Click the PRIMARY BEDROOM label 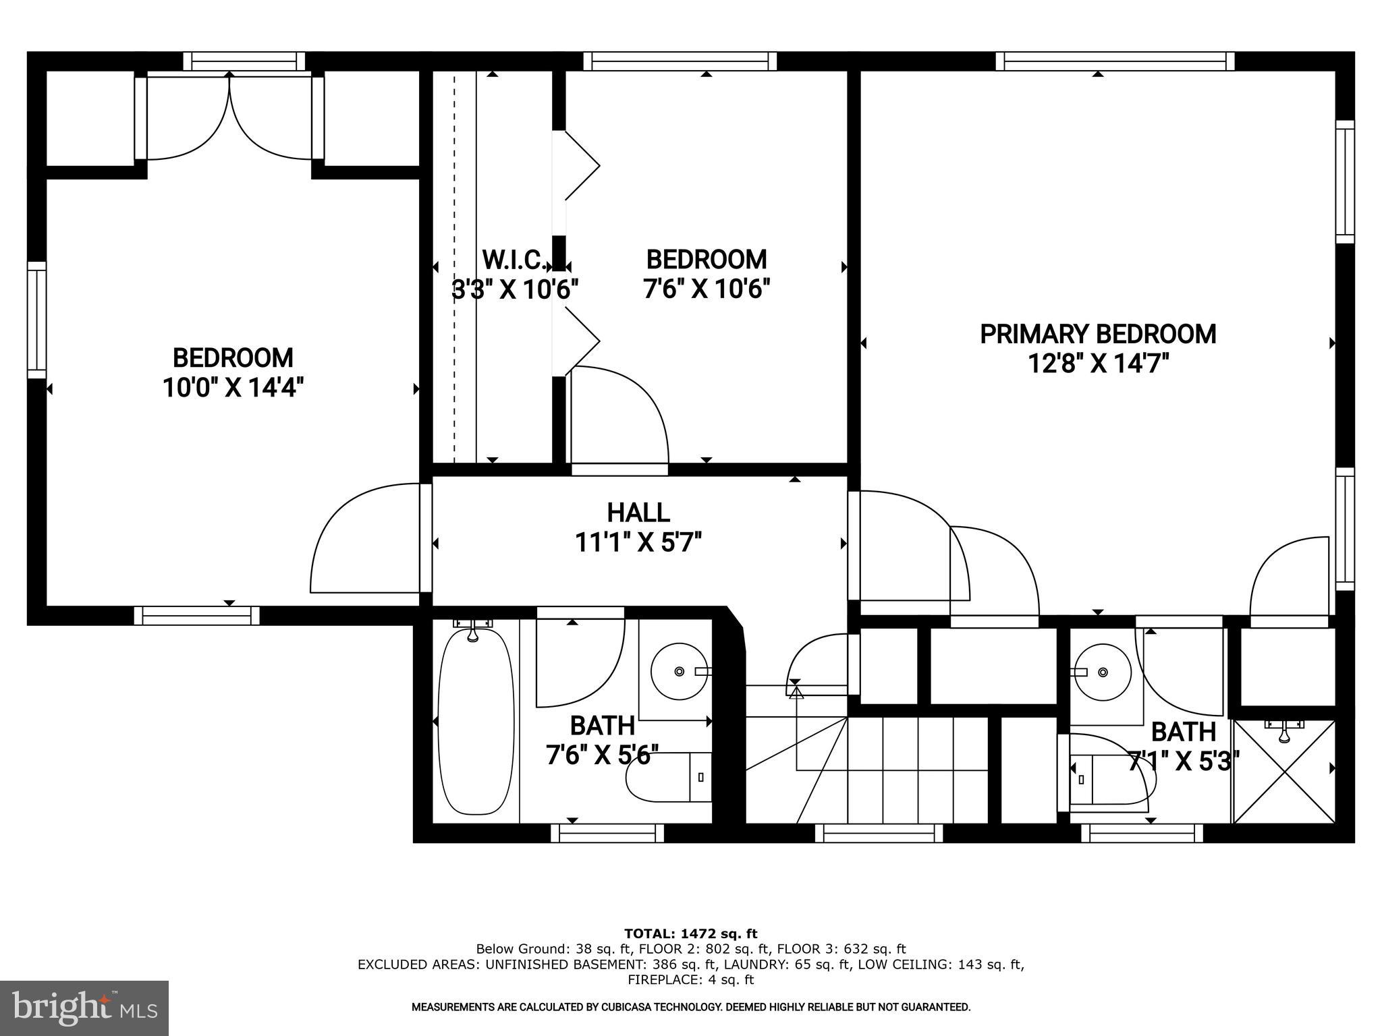click(1097, 335)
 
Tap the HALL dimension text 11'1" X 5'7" click(638, 542)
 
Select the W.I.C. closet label click(514, 260)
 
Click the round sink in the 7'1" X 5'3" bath click(1097, 672)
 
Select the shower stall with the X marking click(1284, 772)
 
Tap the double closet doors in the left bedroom click(229, 119)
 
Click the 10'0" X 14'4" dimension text click(233, 388)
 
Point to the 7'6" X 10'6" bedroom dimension click(706, 289)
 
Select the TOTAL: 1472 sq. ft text click(690, 934)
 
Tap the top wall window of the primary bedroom click(1115, 61)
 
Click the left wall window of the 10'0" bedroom click(37, 320)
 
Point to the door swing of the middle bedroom click(619, 415)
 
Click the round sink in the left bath click(679, 671)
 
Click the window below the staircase click(879, 834)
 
